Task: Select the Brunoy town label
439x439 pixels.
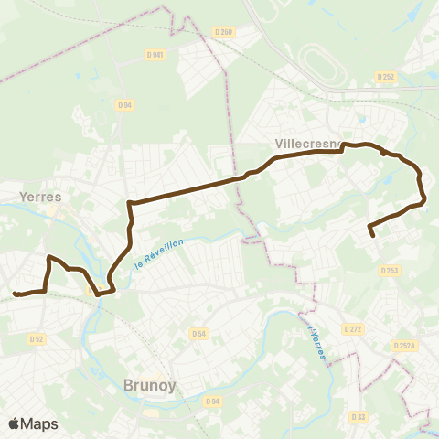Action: click(x=148, y=386)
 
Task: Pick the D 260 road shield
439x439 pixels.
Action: click(x=223, y=32)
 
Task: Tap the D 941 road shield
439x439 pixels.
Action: click(x=155, y=54)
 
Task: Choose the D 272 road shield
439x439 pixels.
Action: click(x=353, y=328)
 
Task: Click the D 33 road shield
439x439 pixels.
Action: click(x=359, y=391)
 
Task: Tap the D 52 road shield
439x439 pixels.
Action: click(x=37, y=338)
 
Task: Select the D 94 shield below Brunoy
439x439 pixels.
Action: click(x=213, y=401)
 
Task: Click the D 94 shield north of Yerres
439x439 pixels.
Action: click(x=125, y=105)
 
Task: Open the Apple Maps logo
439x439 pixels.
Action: click(x=33, y=423)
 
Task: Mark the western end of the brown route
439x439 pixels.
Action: click(x=15, y=294)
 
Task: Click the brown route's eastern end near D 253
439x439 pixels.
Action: click(x=373, y=236)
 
